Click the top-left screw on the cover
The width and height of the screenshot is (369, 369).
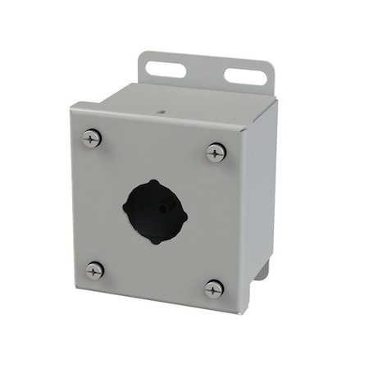pos(92,139)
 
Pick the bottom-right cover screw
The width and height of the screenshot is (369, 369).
pos(214,288)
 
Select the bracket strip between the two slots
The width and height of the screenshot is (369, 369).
pos(205,74)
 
